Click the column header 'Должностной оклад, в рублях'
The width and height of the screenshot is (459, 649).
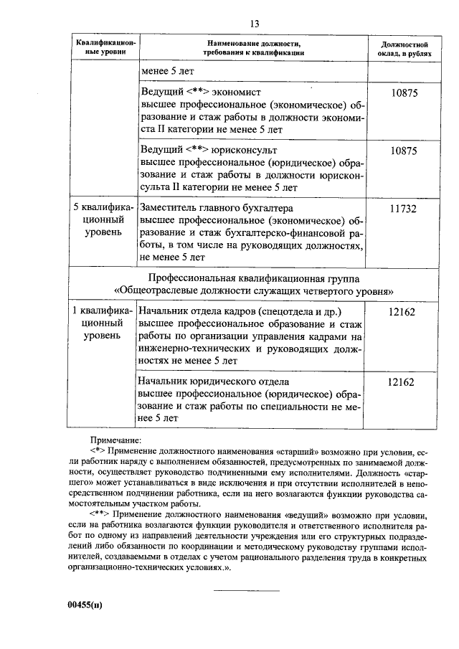402,49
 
